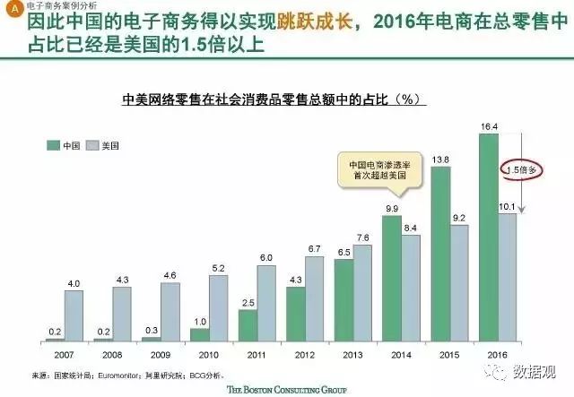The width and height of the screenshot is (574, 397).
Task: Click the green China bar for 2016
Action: click(489, 237)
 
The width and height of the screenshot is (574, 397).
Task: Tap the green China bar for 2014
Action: click(392, 279)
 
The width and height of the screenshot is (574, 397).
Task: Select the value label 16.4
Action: click(489, 127)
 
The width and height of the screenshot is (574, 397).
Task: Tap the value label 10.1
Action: click(506, 207)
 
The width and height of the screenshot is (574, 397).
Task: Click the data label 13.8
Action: click(440, 160)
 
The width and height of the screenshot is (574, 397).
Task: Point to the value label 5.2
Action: click(218, 268)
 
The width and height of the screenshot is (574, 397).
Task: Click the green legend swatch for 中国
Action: click(53, 144)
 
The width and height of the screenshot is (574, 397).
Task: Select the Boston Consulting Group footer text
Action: click(287, 389)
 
